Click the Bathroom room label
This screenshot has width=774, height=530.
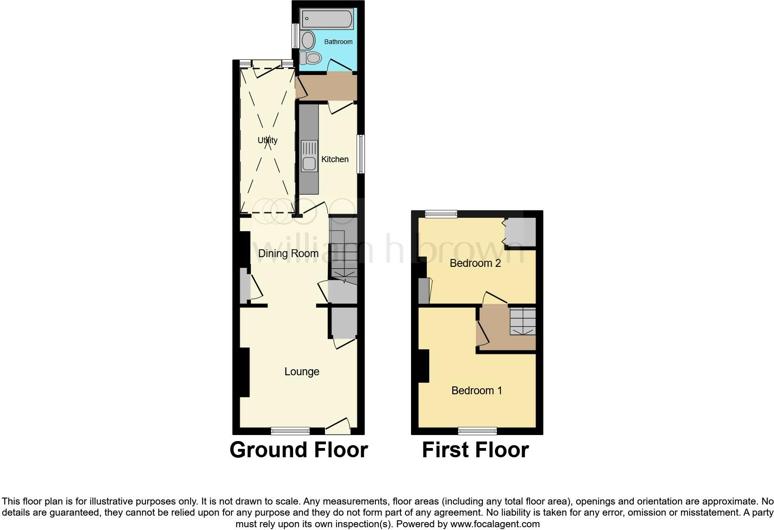pos(338,42)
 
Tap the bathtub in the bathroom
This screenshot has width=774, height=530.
pos(327,19)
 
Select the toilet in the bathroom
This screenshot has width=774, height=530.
pos(312,58)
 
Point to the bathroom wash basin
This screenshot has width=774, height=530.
pos(308,41)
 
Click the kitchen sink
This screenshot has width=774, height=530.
pos(309,164)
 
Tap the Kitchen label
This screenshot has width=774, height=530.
pos(335,159)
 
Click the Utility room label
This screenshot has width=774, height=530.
pos(268,140)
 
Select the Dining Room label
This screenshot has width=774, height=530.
pos(288,253)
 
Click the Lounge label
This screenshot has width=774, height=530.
pos(302,372)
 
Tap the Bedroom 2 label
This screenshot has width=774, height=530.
pos(475,263)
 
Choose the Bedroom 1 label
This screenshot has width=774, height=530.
pos(476,391)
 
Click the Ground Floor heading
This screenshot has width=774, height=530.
pos(299,450)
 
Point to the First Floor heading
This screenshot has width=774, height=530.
pos(475,450)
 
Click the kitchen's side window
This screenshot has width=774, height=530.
pos(361,154)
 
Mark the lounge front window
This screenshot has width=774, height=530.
pos(290,431)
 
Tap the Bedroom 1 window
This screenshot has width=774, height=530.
pos(477,431)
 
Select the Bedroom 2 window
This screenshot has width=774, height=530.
pos(441,214)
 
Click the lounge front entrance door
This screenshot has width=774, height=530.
pos(337,427)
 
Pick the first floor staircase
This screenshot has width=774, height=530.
pos(523,321)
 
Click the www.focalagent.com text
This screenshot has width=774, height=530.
pos(495,524)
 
